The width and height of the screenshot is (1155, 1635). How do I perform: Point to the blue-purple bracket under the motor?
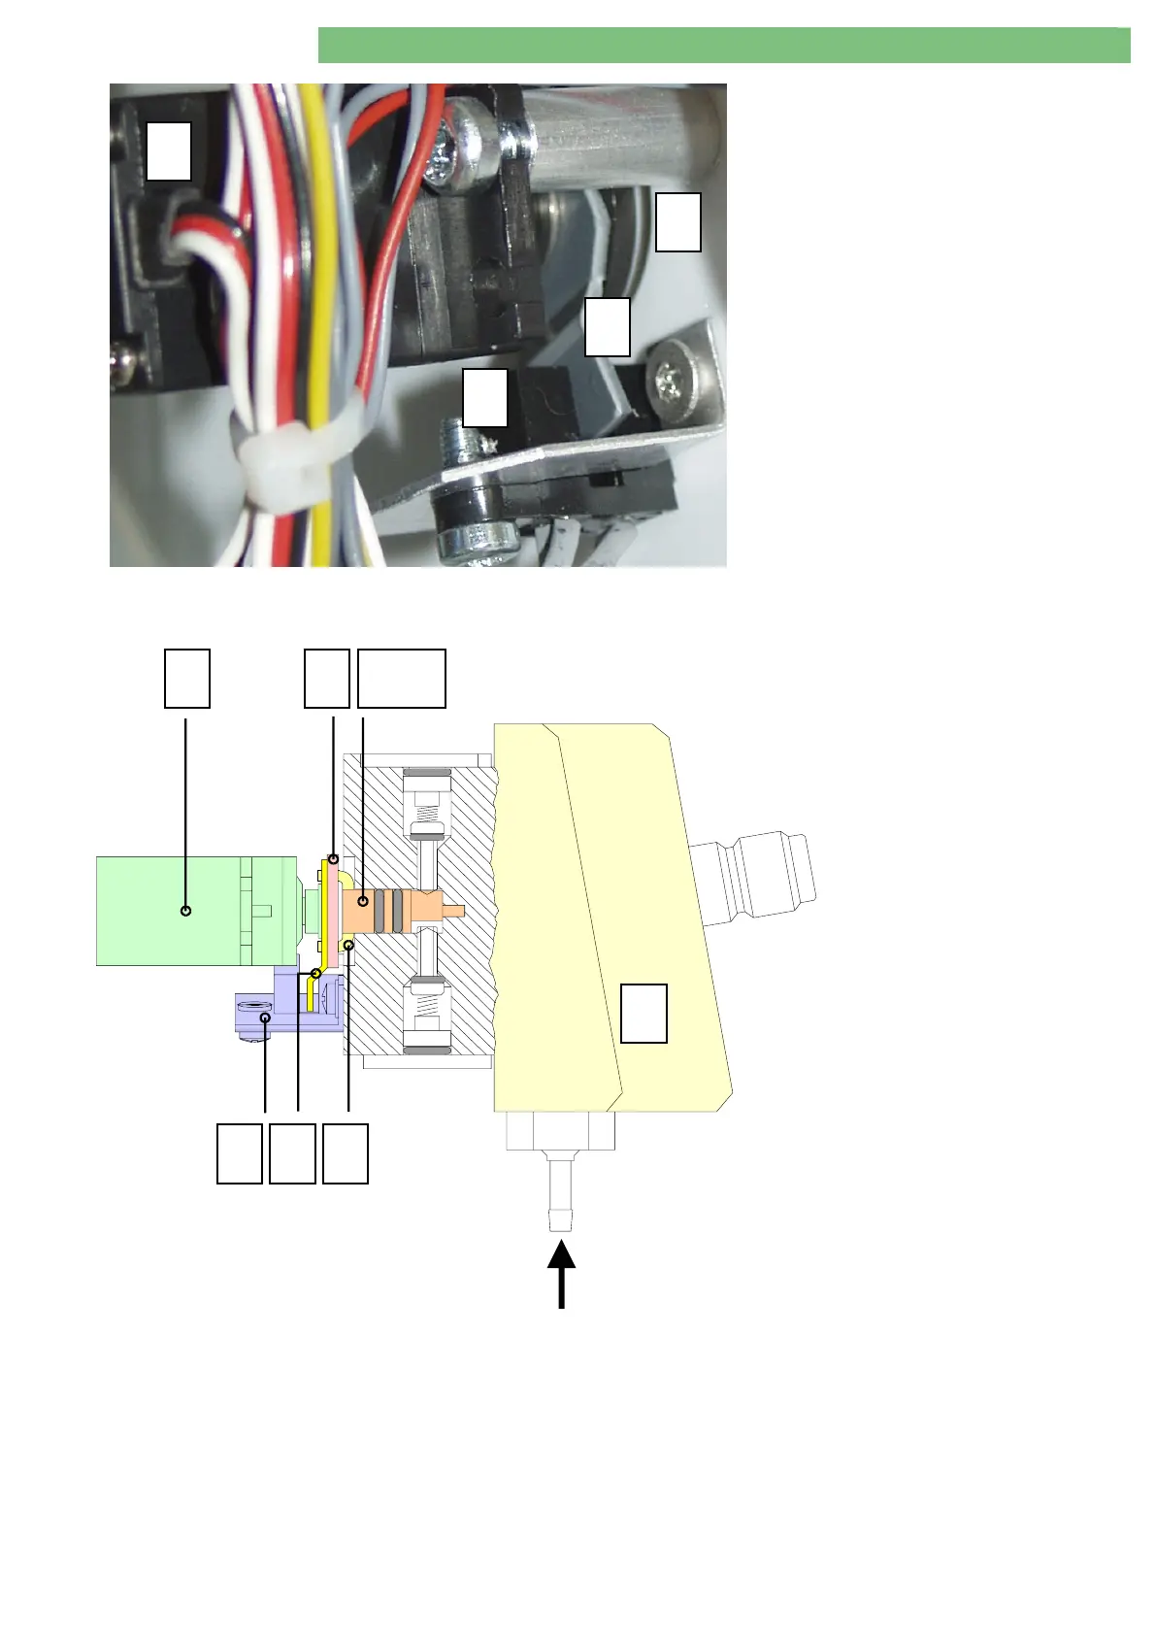pyautogui.click(x=281, y=1010)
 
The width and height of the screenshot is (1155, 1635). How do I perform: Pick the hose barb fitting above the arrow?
pyautogui.click(x=560, y=1189)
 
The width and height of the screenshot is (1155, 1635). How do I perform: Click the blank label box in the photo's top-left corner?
pyautogui.click(x=168, y=150)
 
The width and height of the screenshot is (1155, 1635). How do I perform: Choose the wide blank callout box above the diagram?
pyautogui.click(x=401, y=678)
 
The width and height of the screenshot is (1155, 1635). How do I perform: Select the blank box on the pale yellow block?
pyautogui.click(x=643, y=1013)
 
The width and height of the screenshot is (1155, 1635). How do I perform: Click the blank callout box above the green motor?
pyautogui.click(x=186, y=678)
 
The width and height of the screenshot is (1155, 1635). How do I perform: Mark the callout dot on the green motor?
pyautogui.click(x=186, y=911)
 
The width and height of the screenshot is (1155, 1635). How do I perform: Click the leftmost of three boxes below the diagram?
pyautogui.click(x=240, y=1153)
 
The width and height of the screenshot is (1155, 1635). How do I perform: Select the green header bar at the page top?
pyautogui.click(x=723, y=46)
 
